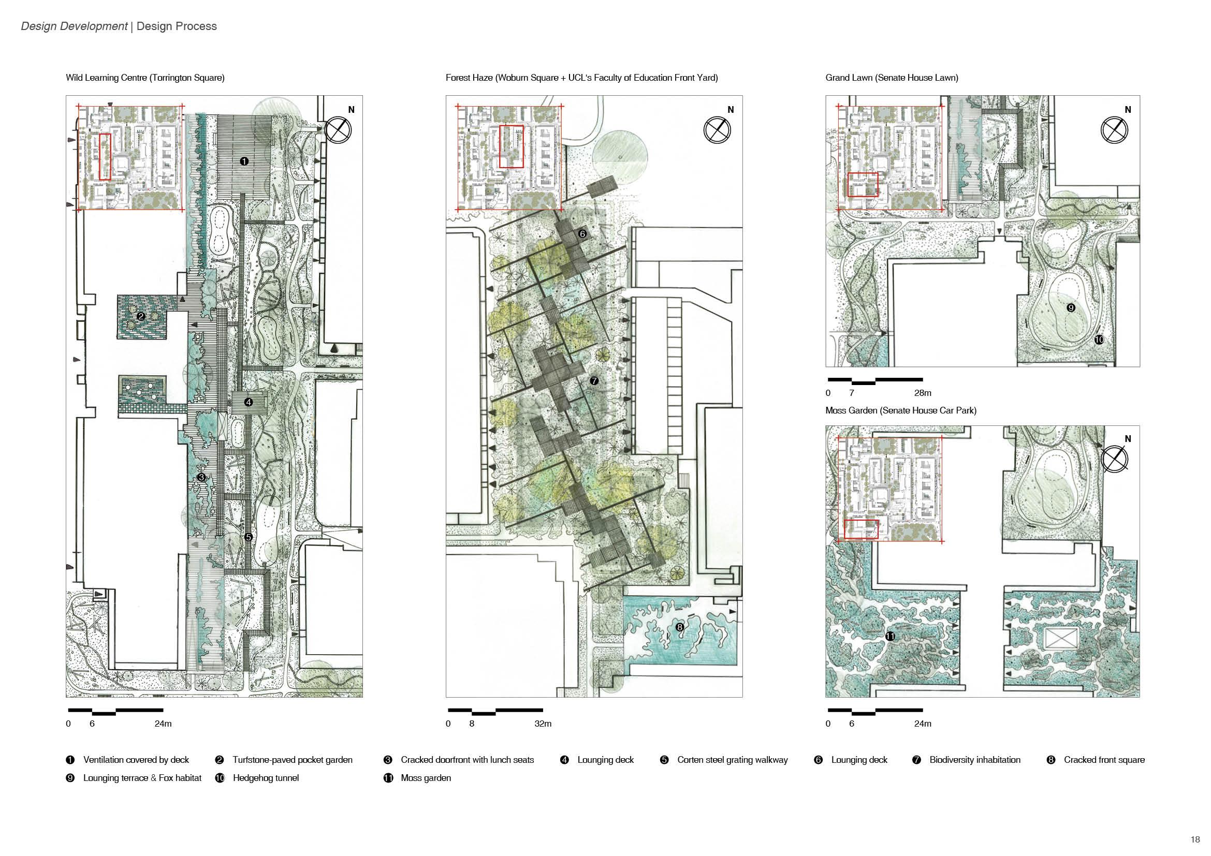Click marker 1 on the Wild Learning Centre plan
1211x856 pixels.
point(244,161)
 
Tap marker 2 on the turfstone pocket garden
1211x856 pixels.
point(140,316)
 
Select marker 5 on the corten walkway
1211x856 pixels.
point(249,537)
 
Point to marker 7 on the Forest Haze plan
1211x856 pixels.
point(594,380)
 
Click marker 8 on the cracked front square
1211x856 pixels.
point(679,627)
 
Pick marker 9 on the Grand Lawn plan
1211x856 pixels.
point(1071,308)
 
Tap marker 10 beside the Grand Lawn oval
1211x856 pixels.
point(1099,340)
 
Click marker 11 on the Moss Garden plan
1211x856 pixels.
point(890,637)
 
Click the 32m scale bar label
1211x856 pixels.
point(543,724)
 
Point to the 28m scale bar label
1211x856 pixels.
point(923,393)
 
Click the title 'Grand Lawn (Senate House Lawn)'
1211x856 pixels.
point(892,78)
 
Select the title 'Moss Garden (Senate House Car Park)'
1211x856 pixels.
point(900,410)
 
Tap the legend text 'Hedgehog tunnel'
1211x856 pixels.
point(265,778)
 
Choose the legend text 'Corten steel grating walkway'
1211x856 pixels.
point(732,760)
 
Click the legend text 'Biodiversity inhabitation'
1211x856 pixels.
point(975,760)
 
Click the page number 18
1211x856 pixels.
point(1195,839)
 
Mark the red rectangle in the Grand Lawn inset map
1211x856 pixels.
point(863,184)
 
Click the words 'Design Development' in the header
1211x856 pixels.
point(74,26)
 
